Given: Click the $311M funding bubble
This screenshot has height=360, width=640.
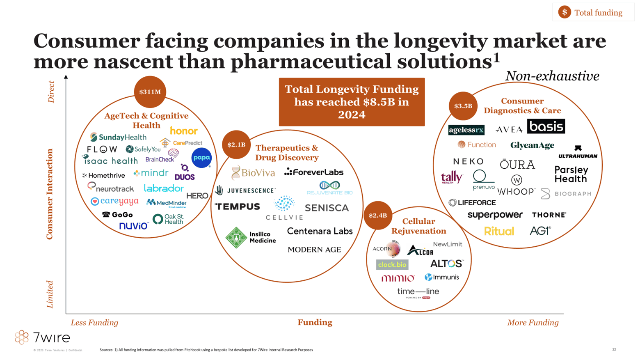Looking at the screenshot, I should click(x=150, y=92).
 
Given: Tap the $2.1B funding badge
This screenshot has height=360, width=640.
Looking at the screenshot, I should click(x=236, y=144).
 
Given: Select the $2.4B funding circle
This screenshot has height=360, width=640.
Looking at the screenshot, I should click(x=378, y=216).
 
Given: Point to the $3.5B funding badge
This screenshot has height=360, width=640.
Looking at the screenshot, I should click(x=463, y=106).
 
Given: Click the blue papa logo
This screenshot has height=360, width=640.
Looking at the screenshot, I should click(x=201, y=158).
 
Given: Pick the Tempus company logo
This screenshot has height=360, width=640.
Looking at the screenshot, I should click(x=237, y=206).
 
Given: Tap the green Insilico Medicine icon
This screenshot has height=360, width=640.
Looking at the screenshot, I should click(x=236, y=238).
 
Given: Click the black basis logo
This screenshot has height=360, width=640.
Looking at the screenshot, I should click(x=546, y=126).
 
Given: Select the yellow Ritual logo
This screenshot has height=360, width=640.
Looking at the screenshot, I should click(x=499, y=232).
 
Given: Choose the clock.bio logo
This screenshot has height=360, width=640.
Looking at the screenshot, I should click(x=392, y=265).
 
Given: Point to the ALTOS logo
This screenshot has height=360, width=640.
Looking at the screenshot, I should click(x=447, y=264).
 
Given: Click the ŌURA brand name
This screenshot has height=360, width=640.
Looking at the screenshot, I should click(x=517, y=165).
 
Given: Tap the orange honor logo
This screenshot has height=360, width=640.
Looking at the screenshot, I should click(x=184, y=131).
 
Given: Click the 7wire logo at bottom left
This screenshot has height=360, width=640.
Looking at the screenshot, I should click(x=43, y=337).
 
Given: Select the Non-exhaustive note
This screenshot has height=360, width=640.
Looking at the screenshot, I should click(x=552, y=76).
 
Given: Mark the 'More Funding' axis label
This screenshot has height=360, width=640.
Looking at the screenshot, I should click(x=533, y=323).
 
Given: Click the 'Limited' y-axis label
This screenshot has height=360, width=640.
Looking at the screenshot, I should click(x=50, y=294).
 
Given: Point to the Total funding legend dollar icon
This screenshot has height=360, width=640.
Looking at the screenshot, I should click(x=565, y=12).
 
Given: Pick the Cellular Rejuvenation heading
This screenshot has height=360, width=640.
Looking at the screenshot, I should click(x=418, y=226).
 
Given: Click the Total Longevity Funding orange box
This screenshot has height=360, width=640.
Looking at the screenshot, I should click(x=352, y=102).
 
